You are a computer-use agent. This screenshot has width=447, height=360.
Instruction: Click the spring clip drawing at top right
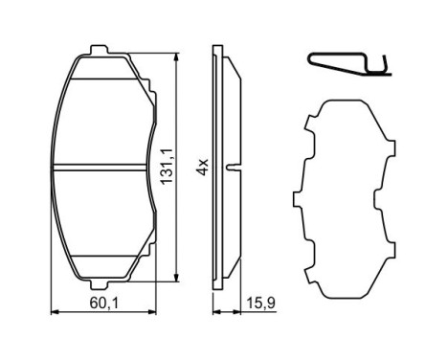pyautogui.click(x=350, y=63)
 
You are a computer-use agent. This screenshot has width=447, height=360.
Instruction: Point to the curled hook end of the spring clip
pyautogui.click(x=386, y=66)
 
